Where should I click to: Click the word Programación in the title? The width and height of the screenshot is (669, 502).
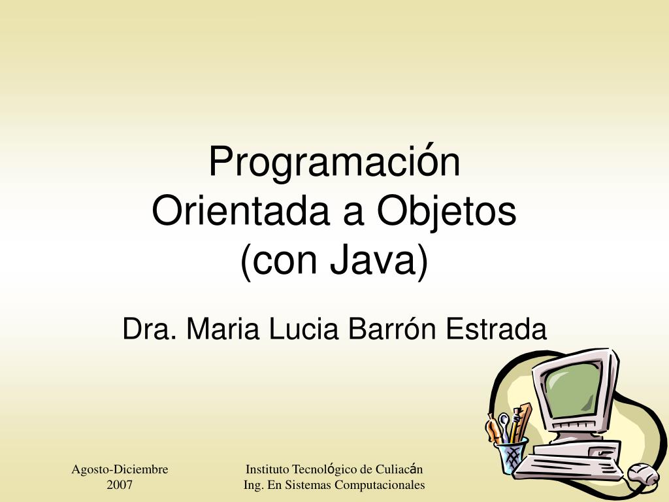[x=334, y=163]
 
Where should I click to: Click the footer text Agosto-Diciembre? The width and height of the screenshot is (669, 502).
[x=120, y=469]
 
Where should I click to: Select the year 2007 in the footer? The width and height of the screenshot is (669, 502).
[x=120, y=485]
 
